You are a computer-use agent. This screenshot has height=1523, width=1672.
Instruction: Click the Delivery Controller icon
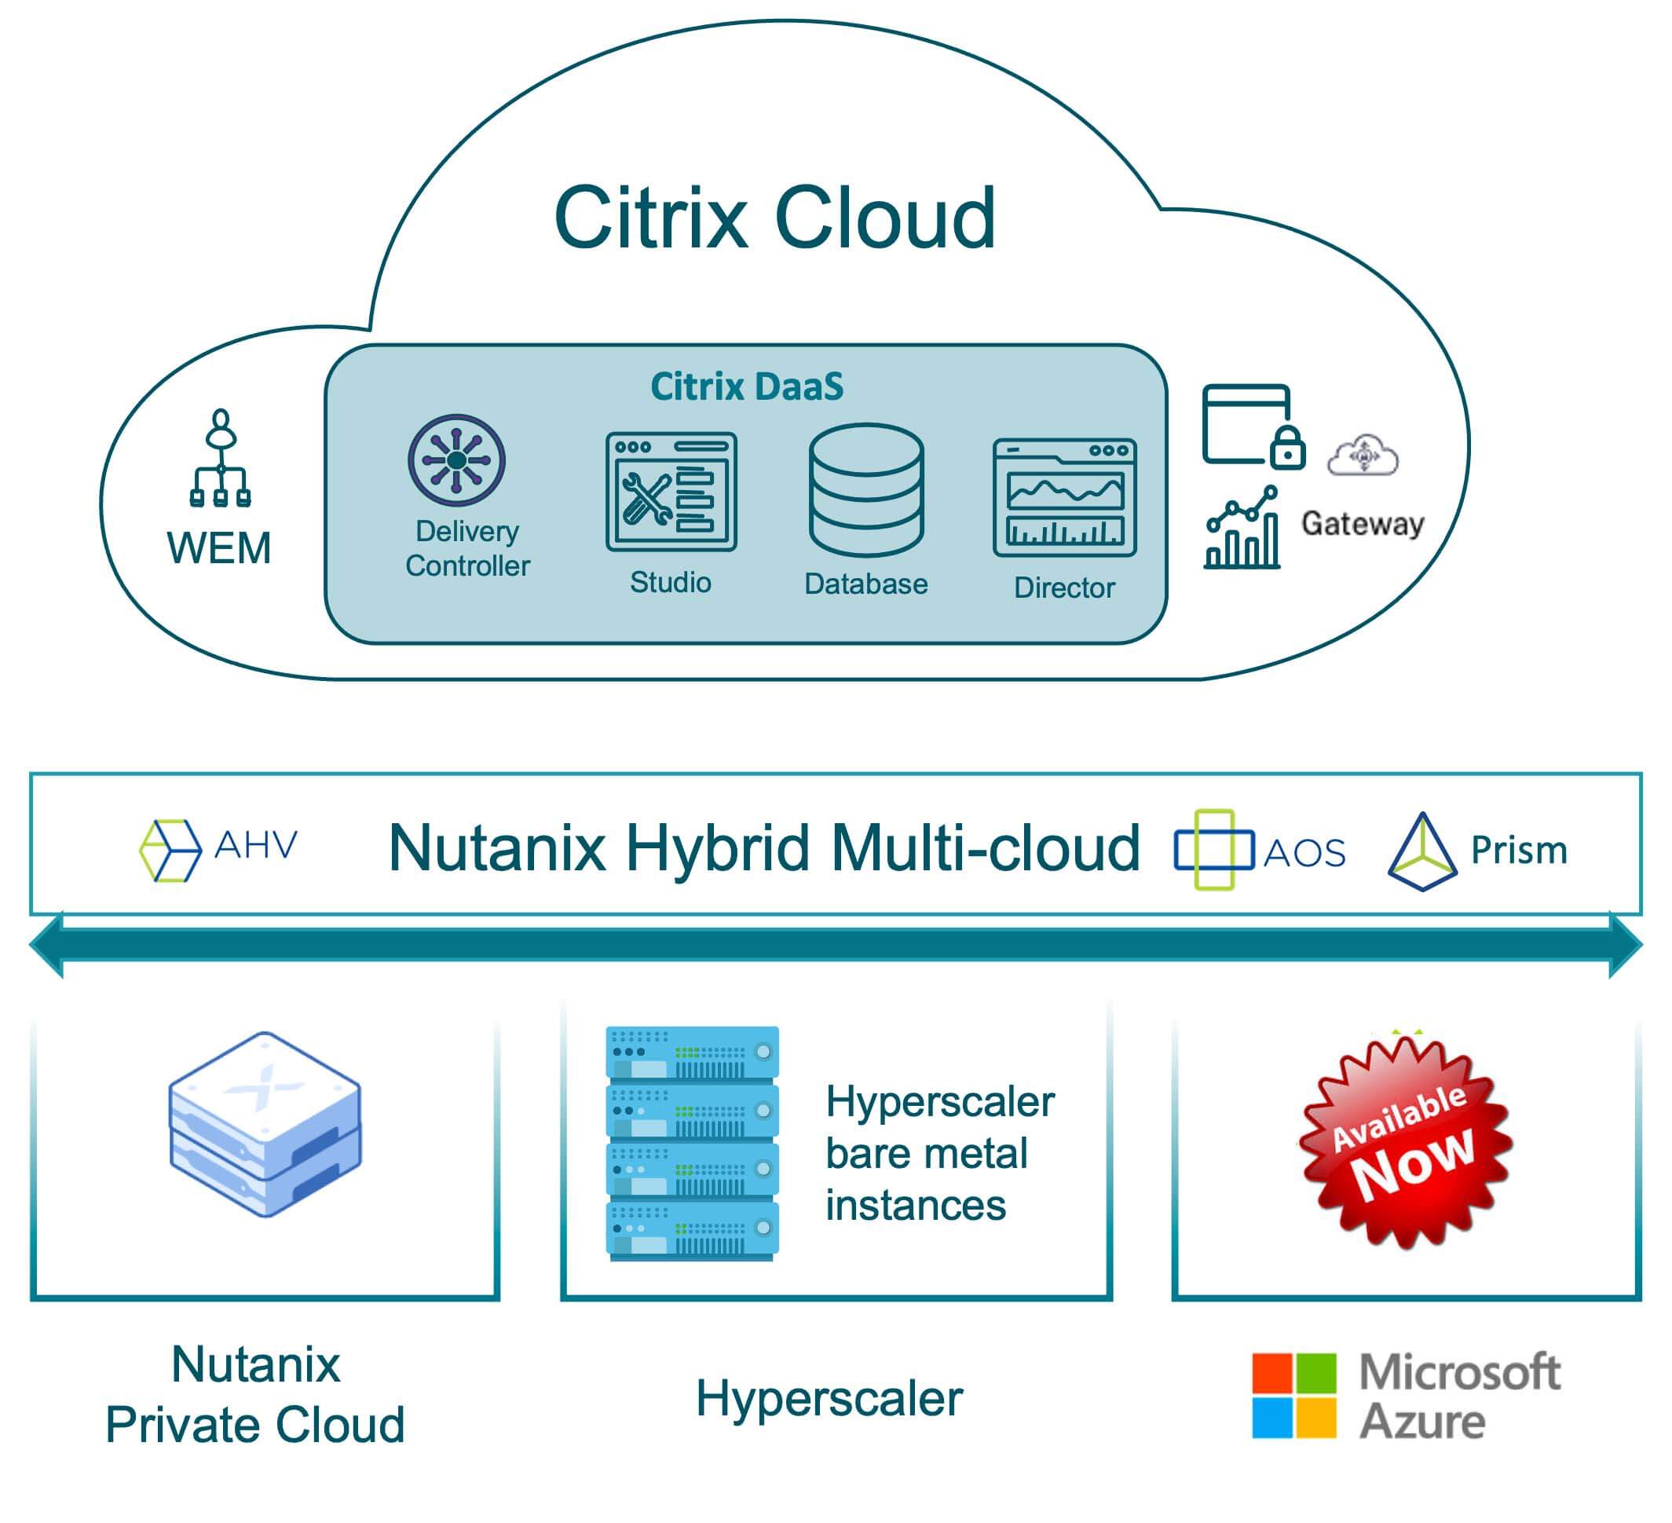pyautogui.click(x=456, y=460)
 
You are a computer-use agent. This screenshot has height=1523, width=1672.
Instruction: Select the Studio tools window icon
pyautogui.click(x=671, y=491)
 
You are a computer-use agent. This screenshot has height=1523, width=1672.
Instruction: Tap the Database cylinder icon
pyautogui.click(x=866, y=489)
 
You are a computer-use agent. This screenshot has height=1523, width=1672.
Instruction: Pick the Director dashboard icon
pyautogui.click(x=1064, y=497)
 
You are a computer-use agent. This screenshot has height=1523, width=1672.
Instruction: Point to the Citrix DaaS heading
pyautogui.click(x=746, y=386)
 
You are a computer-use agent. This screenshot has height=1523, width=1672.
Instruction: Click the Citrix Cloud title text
pyautogui.click(x=774, y=218)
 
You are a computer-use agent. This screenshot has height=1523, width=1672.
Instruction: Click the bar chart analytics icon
pyautogui.click(x=1242, y=530)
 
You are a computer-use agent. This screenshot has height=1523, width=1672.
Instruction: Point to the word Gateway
pyautogui.click(x=1362, y=523)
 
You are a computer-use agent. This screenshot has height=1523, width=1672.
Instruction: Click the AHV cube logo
pyautogui.click(x=170, y=851)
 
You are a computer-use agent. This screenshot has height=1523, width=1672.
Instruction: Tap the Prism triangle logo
pyautogui.click(x=1421, y=853)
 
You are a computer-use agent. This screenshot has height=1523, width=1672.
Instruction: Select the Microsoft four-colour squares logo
pyautogui.click(x=1293, y=1396)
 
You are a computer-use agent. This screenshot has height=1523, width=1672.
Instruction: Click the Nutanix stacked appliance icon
pyautogui.click(x=265, y=1124)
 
